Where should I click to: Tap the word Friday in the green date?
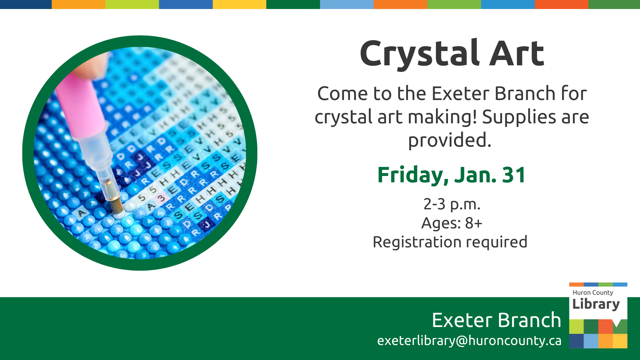pos(413,175)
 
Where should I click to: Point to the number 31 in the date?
pos(514,175)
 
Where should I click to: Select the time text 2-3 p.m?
pos(452,204)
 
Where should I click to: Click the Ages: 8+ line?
pos(452,223)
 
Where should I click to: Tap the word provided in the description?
pos(450,140)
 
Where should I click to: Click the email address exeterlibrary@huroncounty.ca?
pos(469,341)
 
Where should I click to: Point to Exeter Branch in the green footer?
pos(496,320)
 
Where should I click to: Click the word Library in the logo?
pos(596,304)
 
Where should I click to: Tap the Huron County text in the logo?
pos(593,292)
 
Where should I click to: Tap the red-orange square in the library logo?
pos(605,327)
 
